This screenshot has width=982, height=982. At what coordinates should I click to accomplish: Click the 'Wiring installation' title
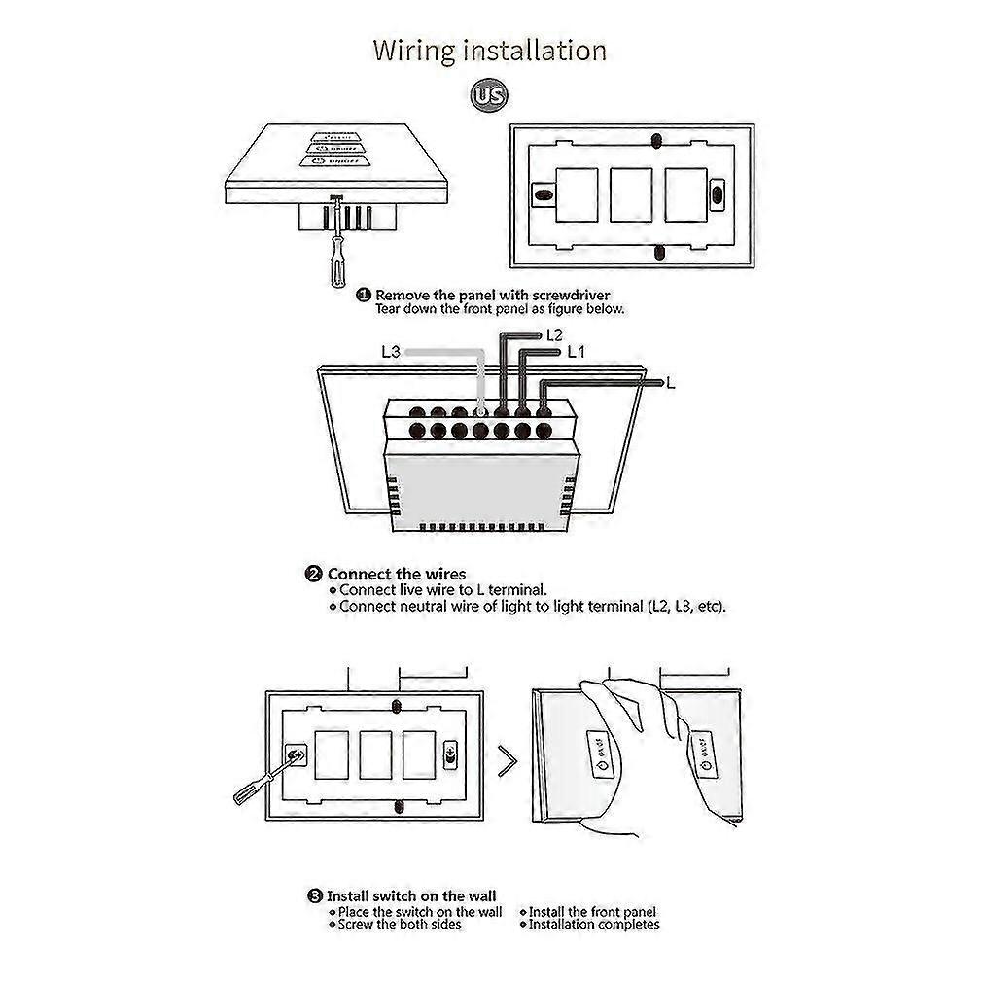(x=490, y=51)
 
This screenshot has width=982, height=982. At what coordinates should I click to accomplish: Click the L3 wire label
(x=390, y=352)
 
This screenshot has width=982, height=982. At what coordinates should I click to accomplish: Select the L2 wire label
(x=555, y=334)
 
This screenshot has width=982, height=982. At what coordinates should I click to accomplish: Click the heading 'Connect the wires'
(x=396, y=574)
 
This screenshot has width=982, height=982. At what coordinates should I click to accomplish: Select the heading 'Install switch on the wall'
(x=410, y=895)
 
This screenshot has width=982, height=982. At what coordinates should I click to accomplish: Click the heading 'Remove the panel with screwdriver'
(x=493, y=295)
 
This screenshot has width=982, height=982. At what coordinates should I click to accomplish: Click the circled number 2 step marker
(x=314, y=574)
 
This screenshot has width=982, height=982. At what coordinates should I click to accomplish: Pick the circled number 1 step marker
(x=364, y=295)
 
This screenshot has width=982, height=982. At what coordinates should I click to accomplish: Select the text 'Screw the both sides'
(x=399, y=925)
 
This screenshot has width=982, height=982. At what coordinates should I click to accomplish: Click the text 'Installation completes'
(x=594, y=925)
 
